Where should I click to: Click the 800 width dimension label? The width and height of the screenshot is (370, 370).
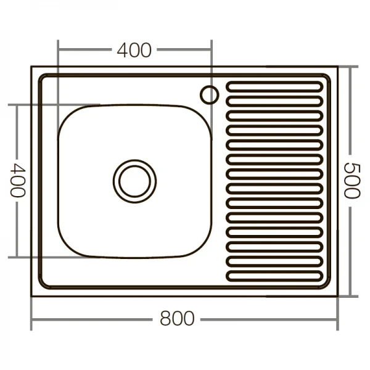coord(177,319)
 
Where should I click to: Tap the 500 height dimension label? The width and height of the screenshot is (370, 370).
coord(350,180)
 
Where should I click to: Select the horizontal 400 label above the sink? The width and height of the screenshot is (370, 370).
coord(134,50)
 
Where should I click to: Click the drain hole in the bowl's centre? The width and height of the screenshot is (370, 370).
coord(134,180)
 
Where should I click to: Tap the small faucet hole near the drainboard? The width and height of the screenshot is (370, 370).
coord(209,94)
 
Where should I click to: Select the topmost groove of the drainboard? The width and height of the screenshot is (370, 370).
coord(274,87)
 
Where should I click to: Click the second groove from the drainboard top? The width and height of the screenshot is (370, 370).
coord(274,101)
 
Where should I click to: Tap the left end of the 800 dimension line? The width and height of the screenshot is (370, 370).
coord(31,319)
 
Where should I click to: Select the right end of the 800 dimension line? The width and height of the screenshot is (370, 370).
coord(337,319)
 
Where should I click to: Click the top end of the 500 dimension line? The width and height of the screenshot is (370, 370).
coord(351,66)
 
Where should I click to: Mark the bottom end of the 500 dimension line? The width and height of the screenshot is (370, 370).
coord(351,297)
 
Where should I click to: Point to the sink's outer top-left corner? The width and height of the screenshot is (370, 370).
coord(31,67)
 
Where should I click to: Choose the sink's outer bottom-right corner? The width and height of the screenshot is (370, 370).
coord(337,297)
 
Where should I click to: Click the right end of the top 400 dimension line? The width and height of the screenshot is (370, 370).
coord(212,50)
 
